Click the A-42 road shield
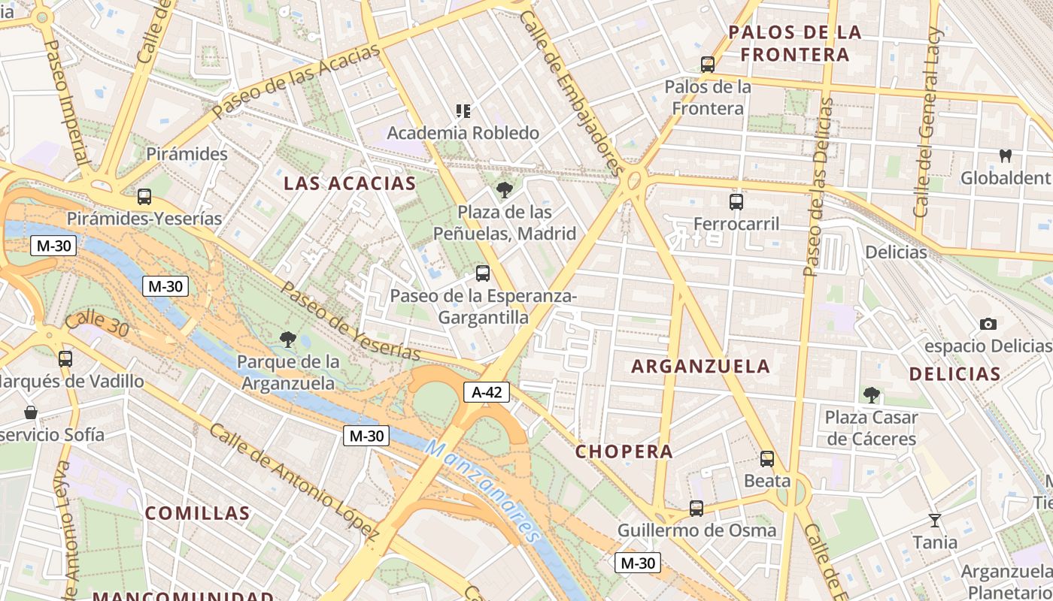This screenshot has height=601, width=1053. (x=487, y=391)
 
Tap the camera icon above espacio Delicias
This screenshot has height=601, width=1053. (x=988, y=324)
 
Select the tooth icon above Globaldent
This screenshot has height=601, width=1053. (x=1004, y=156)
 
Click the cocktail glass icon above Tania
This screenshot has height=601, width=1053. (x=935, y=520)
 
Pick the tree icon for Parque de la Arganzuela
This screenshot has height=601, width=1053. (x=287, y=340)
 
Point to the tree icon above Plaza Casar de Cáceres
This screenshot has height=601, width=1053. (x=871, y=394)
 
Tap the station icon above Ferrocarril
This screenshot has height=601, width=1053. (x=736, y=201)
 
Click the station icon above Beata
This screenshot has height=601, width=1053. (x=766, y=458)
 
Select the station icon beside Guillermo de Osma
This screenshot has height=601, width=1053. (x=696, y=509)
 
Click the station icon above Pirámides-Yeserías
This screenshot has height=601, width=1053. (x=144, y=197)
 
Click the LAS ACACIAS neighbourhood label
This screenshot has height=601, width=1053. (x=350, y=183)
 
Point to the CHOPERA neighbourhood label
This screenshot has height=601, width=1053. (x=624, y=452)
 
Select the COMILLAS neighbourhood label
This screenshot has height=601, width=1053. (x=197, y=513)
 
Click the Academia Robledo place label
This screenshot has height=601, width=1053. (x=463, y=133)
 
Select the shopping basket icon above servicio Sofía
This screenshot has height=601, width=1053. (x=31, y=412)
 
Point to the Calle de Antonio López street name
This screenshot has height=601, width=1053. (x=293, y=482)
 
